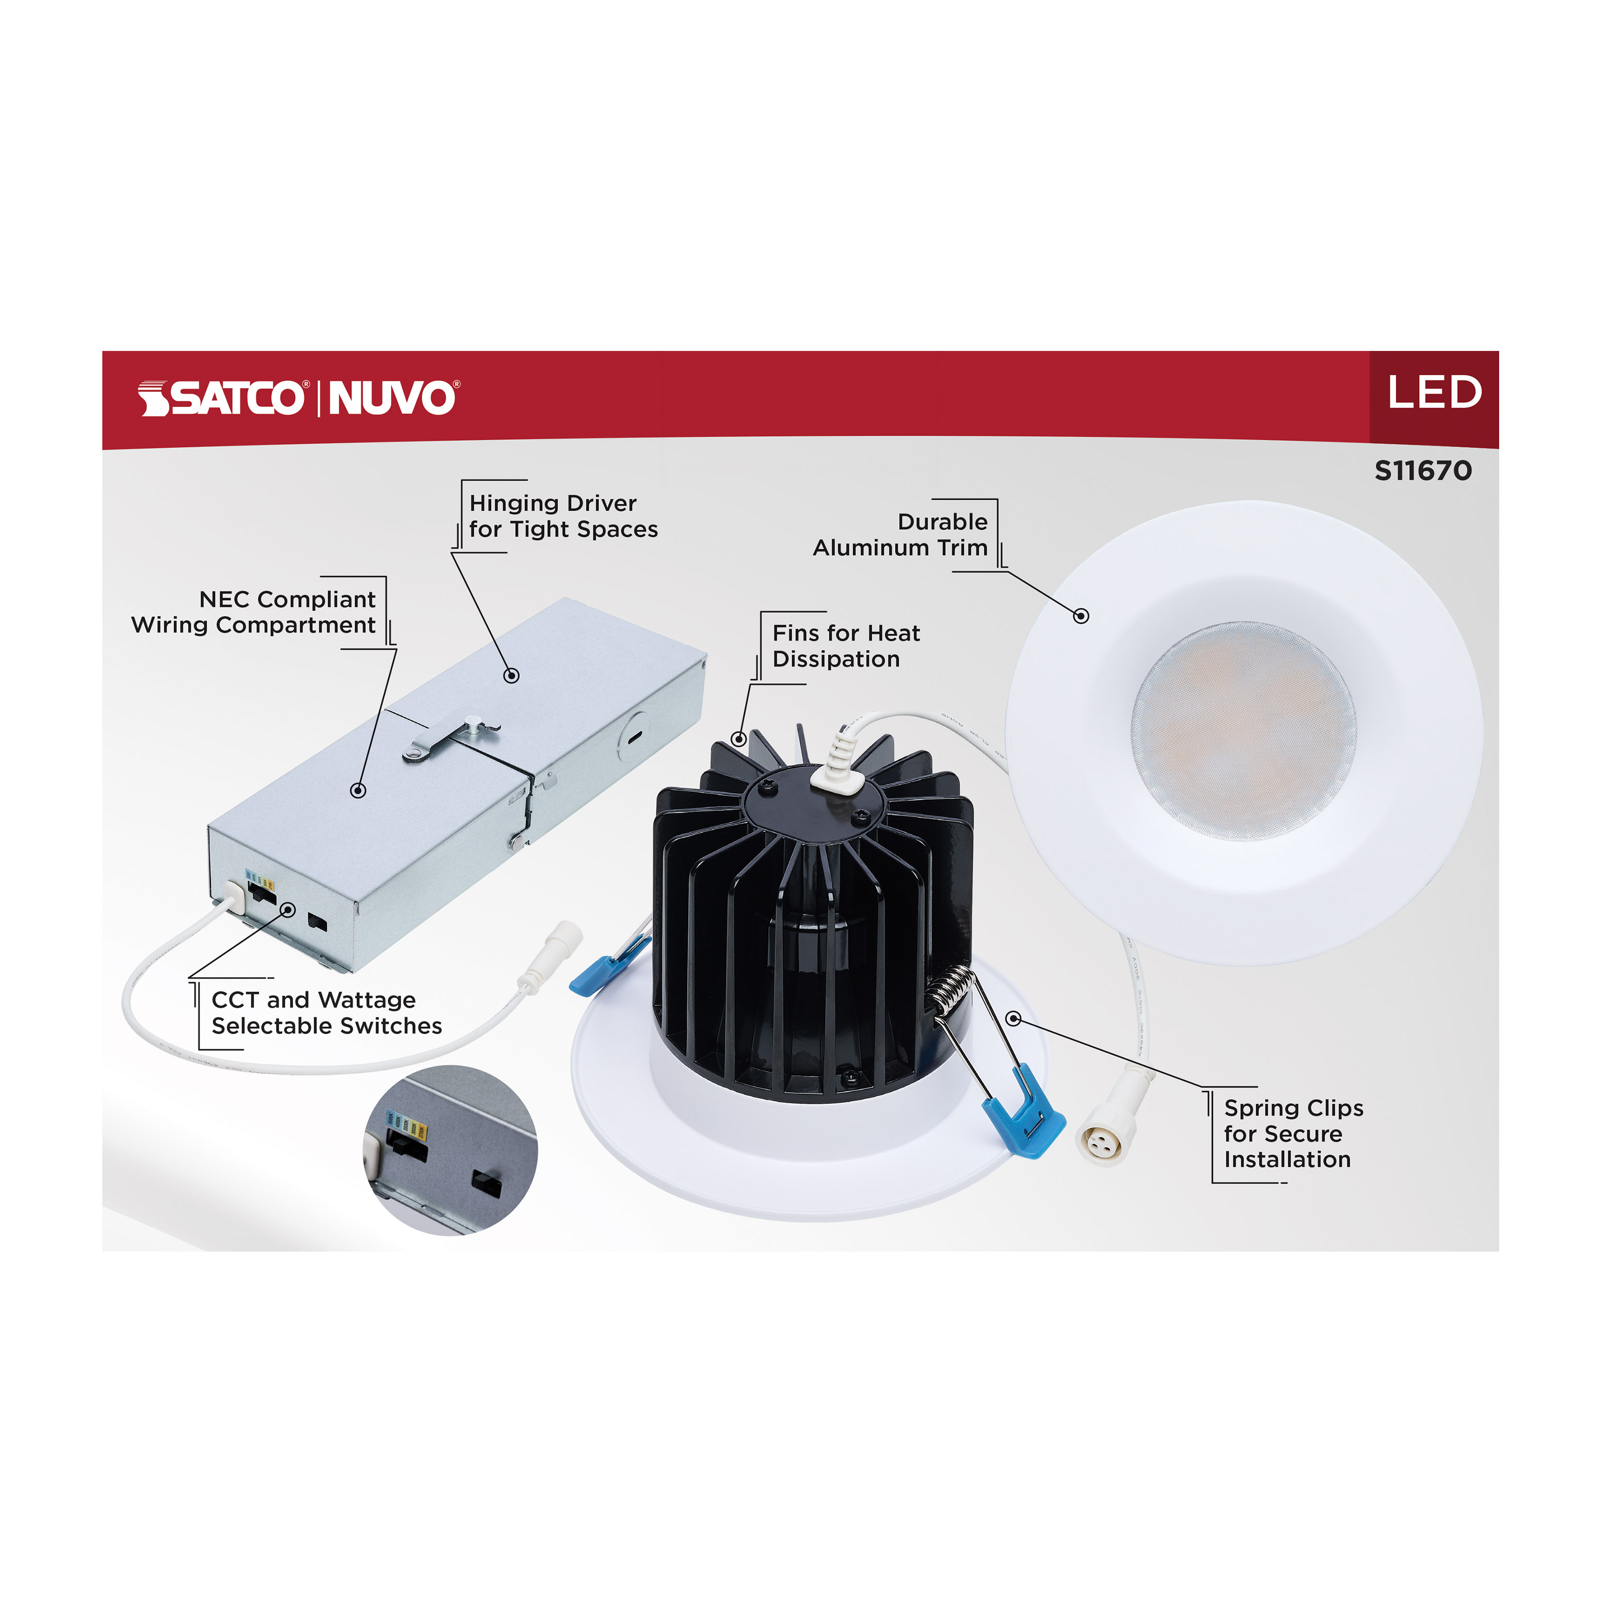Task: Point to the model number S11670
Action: tap(1423, 471)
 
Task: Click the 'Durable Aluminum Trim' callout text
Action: tap(901, 535)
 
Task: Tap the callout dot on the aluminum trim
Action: tap(1081, 616)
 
